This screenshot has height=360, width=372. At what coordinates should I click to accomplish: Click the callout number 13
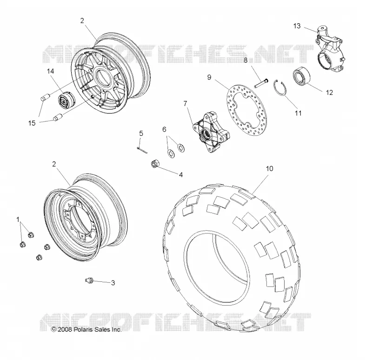coord(297,26)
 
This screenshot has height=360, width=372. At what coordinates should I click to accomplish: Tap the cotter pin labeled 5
coord(142,150)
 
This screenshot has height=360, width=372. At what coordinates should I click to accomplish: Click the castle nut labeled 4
coord(155,164)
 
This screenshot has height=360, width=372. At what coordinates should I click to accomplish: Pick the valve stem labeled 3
coord(89,280)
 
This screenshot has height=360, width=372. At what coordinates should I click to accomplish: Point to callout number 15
coord(32,123)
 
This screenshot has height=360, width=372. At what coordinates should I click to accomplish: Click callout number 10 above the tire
coord(270,169)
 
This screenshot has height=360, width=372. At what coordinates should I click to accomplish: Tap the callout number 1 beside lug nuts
coord(18,220)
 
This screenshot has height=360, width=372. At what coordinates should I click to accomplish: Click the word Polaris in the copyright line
coord(82,330)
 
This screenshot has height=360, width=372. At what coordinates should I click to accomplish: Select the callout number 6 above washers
coord(164,129)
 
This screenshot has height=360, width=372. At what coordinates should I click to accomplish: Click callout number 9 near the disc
coord(209,77)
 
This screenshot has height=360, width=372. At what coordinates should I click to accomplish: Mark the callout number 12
coord(329,93)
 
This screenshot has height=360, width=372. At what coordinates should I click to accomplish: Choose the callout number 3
coord(113,283)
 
